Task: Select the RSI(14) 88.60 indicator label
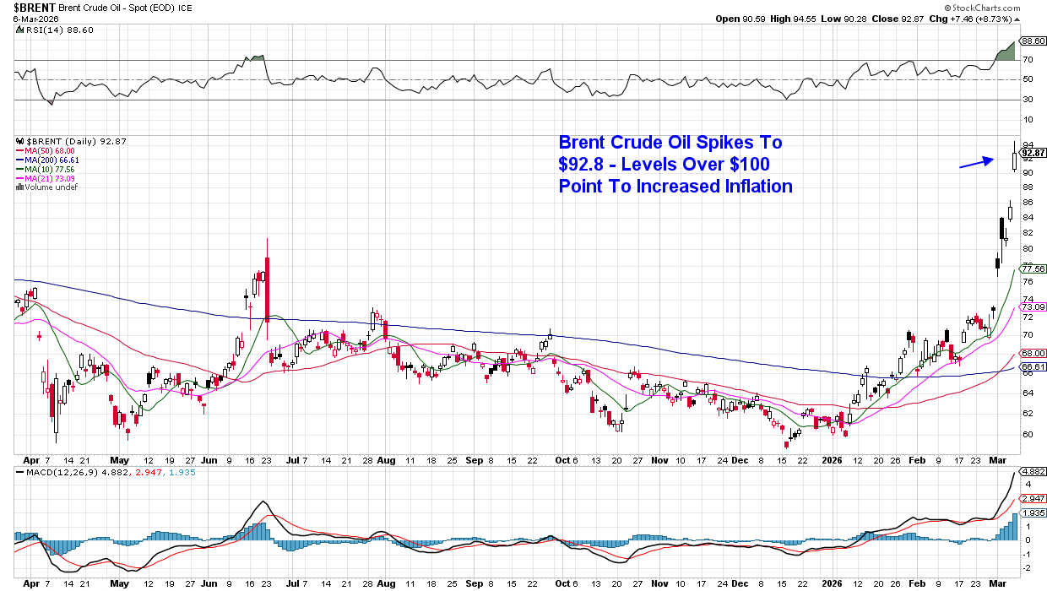coord(51,30)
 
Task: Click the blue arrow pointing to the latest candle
coord(975,162)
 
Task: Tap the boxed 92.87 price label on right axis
coord(1033,153)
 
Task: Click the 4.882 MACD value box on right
coord(1033,471)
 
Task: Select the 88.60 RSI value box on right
coord(1033,41)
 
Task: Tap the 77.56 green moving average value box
coord(1033,268)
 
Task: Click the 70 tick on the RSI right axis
coord(1028,59)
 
